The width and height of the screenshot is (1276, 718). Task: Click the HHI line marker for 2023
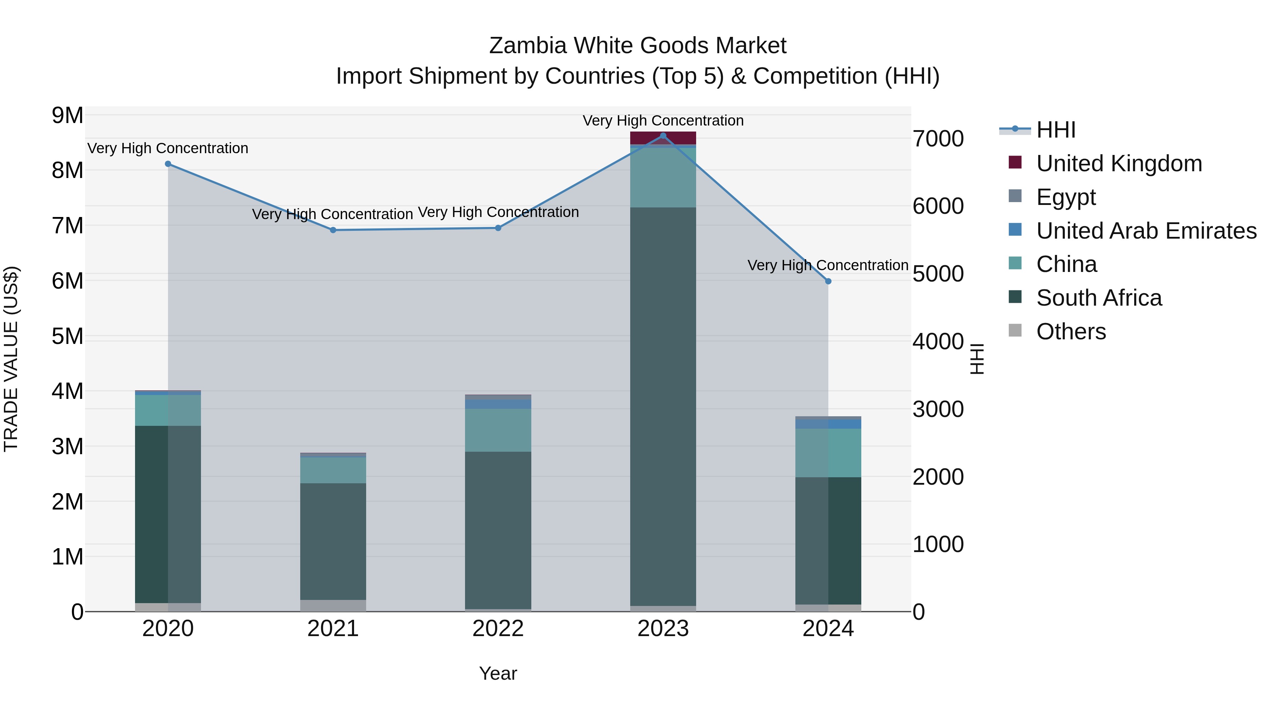pyautogui.click(x=663, y=135)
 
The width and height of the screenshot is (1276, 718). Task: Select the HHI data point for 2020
pyautogui.click(x=168, y=164)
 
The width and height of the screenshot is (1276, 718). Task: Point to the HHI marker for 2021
pyautogui.click(x=333, y=230)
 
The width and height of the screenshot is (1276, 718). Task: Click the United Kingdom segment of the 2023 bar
pyautogui.click(x=663, y=138)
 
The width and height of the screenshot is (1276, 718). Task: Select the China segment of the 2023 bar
pyautogui.click(x=663, y=177)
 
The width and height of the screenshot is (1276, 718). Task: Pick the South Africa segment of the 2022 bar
pyautogui.click(x=498, y=530)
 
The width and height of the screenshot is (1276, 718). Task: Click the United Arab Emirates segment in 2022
pyautogui.click(x=498, y=404)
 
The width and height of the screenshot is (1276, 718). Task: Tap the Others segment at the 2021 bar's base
pyautogui.click(x=333, y=606)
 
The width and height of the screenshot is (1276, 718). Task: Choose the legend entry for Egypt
pyautogui.click(x=1065, y=197)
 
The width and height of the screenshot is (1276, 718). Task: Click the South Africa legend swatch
pyautogui.click(x=1015, y=297)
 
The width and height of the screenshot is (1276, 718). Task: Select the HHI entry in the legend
pyautogui.click(x=1055, y=130)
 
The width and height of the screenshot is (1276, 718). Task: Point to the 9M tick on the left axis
pyautogui.click(x=68, y=116)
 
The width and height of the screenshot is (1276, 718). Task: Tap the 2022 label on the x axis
pyautogui.click(x=498, y=629)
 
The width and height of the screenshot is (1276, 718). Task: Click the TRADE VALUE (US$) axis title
pyautogui.click(x=11, y=359)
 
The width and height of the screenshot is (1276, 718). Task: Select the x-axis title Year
pyautogui.click(x=498, y=673)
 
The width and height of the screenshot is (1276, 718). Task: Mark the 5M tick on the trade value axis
pyautogui.click(x=68, y=336)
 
